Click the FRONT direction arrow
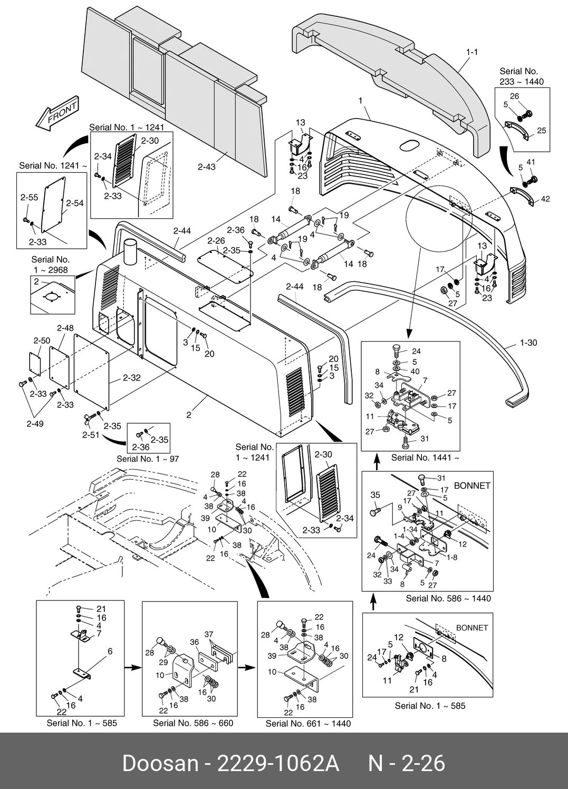coord(57,113)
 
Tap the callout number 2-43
coord(207,167)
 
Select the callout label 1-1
coord(472,52)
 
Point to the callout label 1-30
coord(528,343)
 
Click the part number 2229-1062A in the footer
coord(278,764)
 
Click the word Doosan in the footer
coord(160,764)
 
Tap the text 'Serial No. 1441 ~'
coord(425,457)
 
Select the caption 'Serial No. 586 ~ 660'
coord(193,723)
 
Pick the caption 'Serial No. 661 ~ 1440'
coord(308,724)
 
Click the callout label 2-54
coord(75,203)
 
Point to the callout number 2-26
coord(216,241)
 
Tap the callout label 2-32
coord(131,378)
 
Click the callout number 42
coord(545,199)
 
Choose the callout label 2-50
coord(42,340)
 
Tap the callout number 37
coord(209,634)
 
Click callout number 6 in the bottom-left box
coord(110,651)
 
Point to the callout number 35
coord(376,495)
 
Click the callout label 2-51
coord(91,435)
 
